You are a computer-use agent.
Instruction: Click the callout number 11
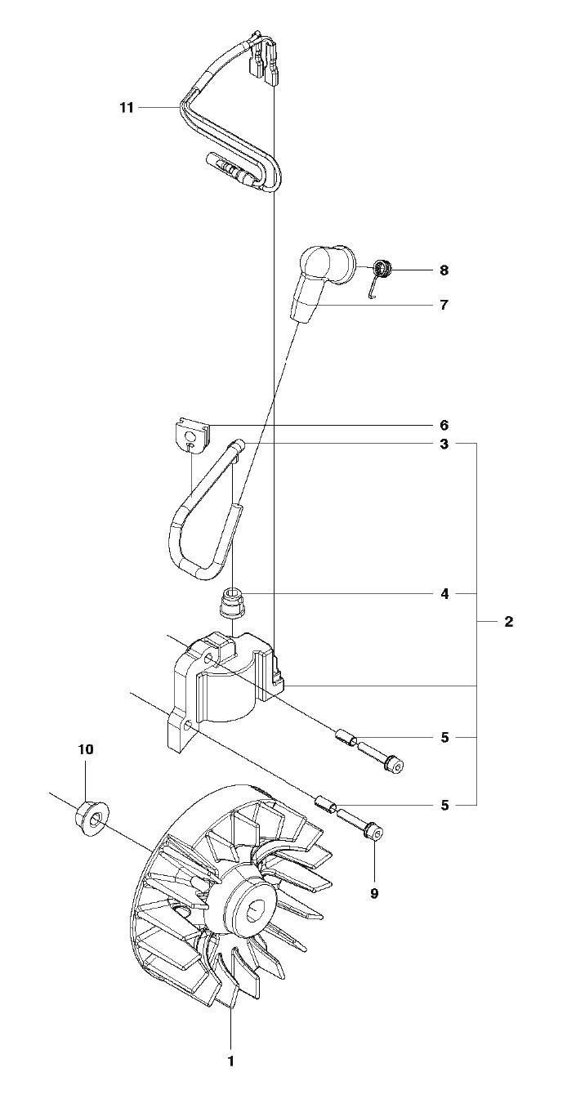coord(127,107)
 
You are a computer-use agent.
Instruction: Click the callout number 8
coord(444,270)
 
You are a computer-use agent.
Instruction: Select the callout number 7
coord(444,305)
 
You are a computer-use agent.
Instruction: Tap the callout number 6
coord(444,425)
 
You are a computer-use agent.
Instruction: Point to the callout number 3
coord(444,445)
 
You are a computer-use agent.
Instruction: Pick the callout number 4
coord(444,593)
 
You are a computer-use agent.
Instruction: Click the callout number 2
coord(509,621)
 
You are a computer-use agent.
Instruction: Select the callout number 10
coord(85,749)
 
